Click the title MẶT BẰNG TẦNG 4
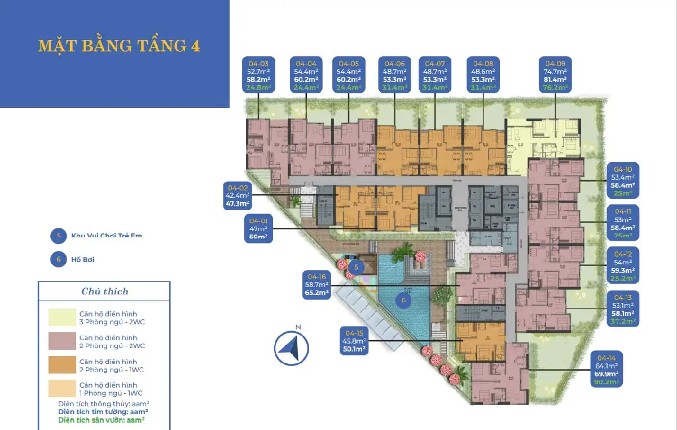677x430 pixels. coord(119,46)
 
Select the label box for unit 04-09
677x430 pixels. coord(556,75)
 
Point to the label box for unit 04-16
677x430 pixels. coord(316,285)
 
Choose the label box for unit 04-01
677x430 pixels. coord(259,228)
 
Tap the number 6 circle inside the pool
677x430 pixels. coord(403,301)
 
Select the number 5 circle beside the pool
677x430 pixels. coord(356,267)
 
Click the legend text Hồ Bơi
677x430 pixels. coord(82,260)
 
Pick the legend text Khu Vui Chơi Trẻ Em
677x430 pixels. coord(106,235)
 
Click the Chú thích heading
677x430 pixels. coord(105,292)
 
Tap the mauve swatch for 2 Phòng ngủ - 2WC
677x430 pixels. coord(62,341)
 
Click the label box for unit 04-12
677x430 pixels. coord(623,264)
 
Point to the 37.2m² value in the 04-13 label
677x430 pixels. coord(623,320)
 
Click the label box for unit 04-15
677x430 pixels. coord(353,341)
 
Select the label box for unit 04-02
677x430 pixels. coord(238,196)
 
